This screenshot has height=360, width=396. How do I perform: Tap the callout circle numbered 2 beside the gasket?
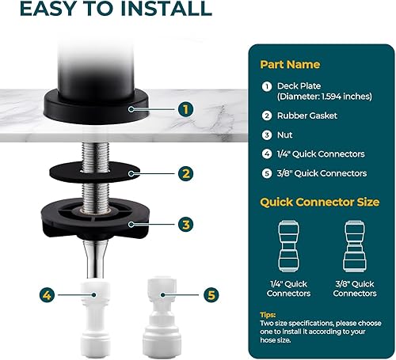click(x=185, y=172)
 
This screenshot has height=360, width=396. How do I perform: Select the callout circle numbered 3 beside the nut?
click(x=185, y=225)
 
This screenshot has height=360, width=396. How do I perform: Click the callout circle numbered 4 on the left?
click(x=48, y=295)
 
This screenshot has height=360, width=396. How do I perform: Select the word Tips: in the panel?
click(x=271, y=314)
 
